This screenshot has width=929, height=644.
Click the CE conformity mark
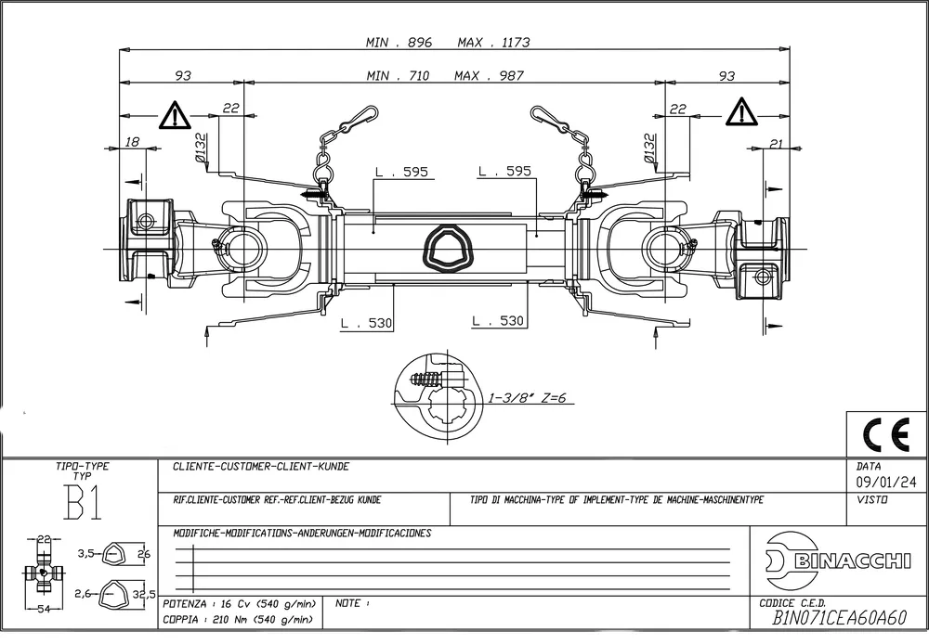pos(886,433)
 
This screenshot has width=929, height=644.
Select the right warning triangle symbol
pos(741,113)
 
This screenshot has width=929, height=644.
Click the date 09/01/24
pos(879,482)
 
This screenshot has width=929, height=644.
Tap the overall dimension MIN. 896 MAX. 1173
pos(448,43)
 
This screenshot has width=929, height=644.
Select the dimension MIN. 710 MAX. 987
pos(445,76)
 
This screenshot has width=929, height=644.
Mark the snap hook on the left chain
pos(357,121)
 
